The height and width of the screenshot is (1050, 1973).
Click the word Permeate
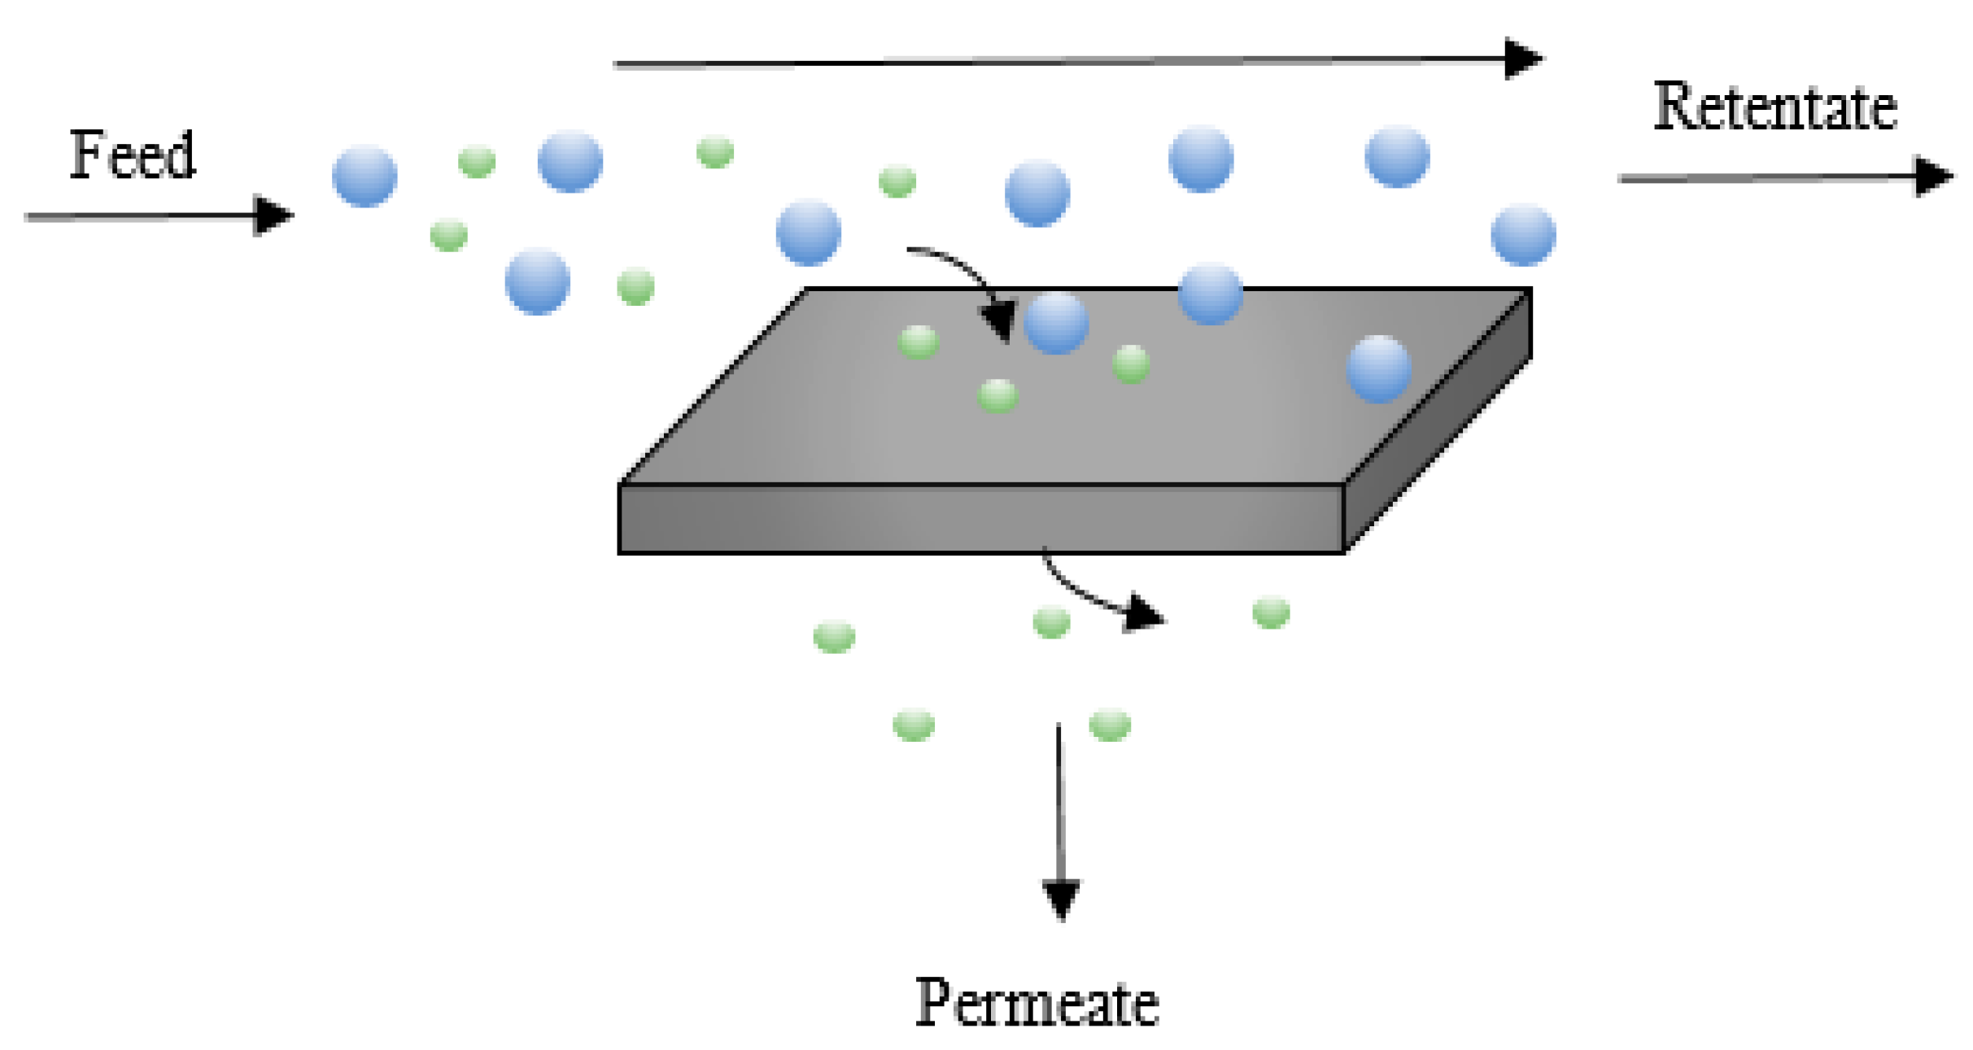pyautogui.click(x=1037, y=1003)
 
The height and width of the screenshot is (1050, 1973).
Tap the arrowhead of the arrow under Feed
pyautogui.click(x=273, y=216)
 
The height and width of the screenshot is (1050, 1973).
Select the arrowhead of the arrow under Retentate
pyautogui.click(x=1933, y=176)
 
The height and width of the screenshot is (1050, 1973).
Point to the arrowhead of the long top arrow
pyautogui.click(x=1522, y=59)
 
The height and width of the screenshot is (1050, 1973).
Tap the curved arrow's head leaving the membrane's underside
pyautogui.click(x=1143, y=614)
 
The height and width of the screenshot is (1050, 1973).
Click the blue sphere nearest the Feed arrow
pyautogui.click(x=364, y=176)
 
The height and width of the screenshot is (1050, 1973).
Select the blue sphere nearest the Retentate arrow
pyautogui.click(x=1523, y=236)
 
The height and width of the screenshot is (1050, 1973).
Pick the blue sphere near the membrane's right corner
pyautogui.click(x=1378, y=369)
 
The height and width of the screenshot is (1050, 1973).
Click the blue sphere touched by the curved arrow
pyautogui.click(x=1056, y=324)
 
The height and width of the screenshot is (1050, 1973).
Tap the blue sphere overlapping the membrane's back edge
pyautogui.click(x=1210, y=294)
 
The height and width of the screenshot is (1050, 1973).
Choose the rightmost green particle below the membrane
pyautogui.click(x=1271, y=612)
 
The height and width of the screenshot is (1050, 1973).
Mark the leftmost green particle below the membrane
pyautogui.click(x=834, y=636)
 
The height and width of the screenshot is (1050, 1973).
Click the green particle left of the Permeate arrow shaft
pyautogui.click(x=914, y=725)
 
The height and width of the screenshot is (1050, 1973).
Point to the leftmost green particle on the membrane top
pyautogui.click(x=919, y=342)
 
